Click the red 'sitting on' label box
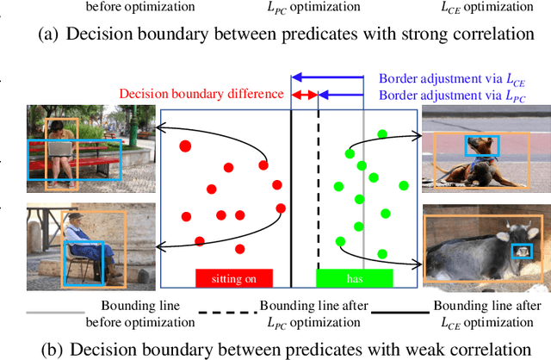pyautogui.click(x=233, y=277)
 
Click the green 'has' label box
pyautogui.click(x=354, y=277)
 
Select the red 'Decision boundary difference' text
pyautogui.click(x=201, y=95)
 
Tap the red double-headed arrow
pyautogui.click(x=305, y=95)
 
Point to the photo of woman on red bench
pyautogui.click(x=73, y=148)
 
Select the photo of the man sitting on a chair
pyautogui.click(x=90, y=245)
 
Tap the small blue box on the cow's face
pyautogui.click(x=522, y=251)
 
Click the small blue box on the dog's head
pyautogui.click(x=475, y=146)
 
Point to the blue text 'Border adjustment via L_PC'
pyautogui.click(x=451, y=95)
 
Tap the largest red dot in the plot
pyautogui.click(x=184, y=146)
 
